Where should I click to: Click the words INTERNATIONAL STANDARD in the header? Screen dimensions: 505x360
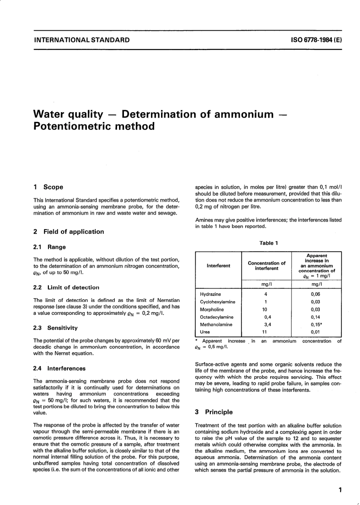81,40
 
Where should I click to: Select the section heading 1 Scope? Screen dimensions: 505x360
49,187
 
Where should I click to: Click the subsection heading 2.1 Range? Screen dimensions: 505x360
50,247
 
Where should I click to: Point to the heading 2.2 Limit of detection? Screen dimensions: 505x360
66,288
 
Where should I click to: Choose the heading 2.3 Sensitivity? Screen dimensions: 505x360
55,328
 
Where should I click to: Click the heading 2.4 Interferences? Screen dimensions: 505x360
59,368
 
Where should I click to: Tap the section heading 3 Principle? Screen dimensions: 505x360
214,412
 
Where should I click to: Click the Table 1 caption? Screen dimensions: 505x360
269,243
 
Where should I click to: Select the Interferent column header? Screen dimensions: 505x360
218,266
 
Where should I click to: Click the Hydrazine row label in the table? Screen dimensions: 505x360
210,294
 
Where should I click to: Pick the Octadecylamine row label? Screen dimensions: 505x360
217,317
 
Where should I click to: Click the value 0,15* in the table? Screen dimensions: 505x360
316,325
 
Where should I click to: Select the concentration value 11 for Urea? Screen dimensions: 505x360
265,332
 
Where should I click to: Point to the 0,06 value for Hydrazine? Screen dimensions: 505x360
315,294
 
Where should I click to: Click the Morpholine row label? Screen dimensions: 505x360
212,310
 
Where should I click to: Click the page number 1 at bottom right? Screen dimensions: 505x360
340,490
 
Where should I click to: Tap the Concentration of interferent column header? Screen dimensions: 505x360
266,266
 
